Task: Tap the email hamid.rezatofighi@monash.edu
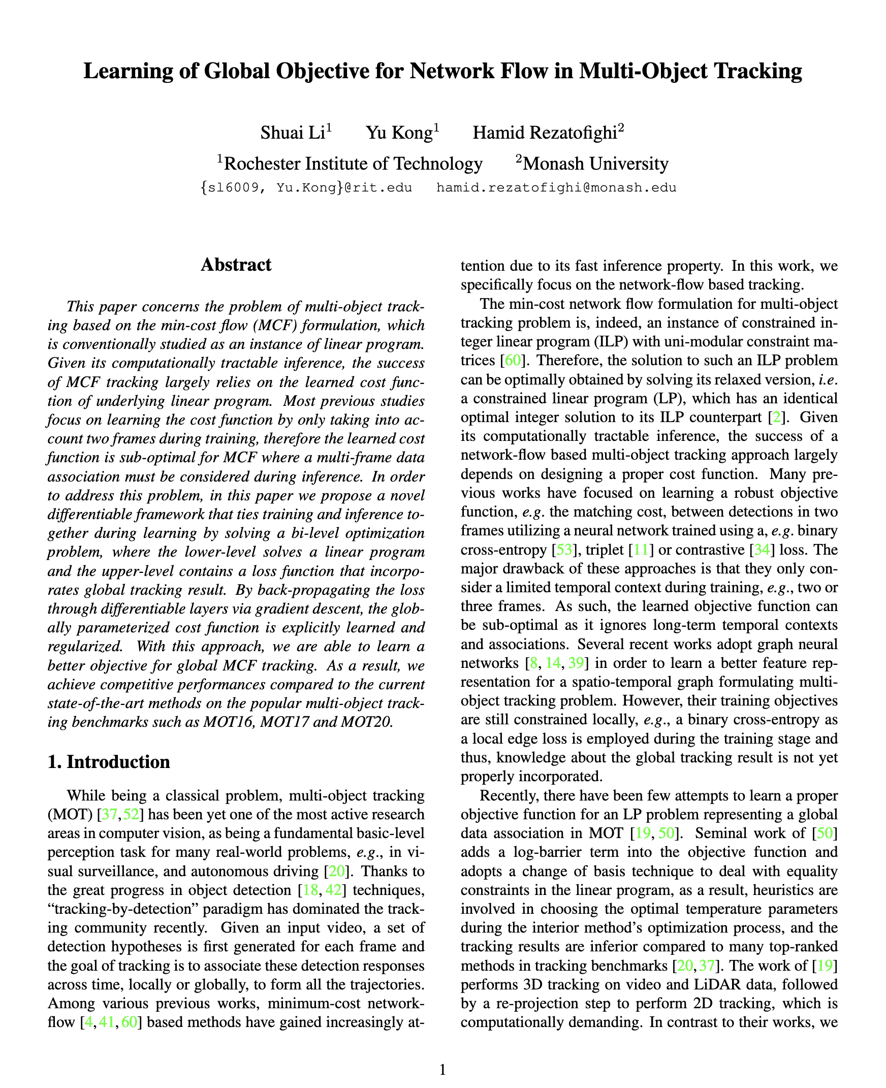tap(556, 188)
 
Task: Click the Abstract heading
tap(236, 265)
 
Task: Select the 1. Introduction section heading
tap(108, 762)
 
